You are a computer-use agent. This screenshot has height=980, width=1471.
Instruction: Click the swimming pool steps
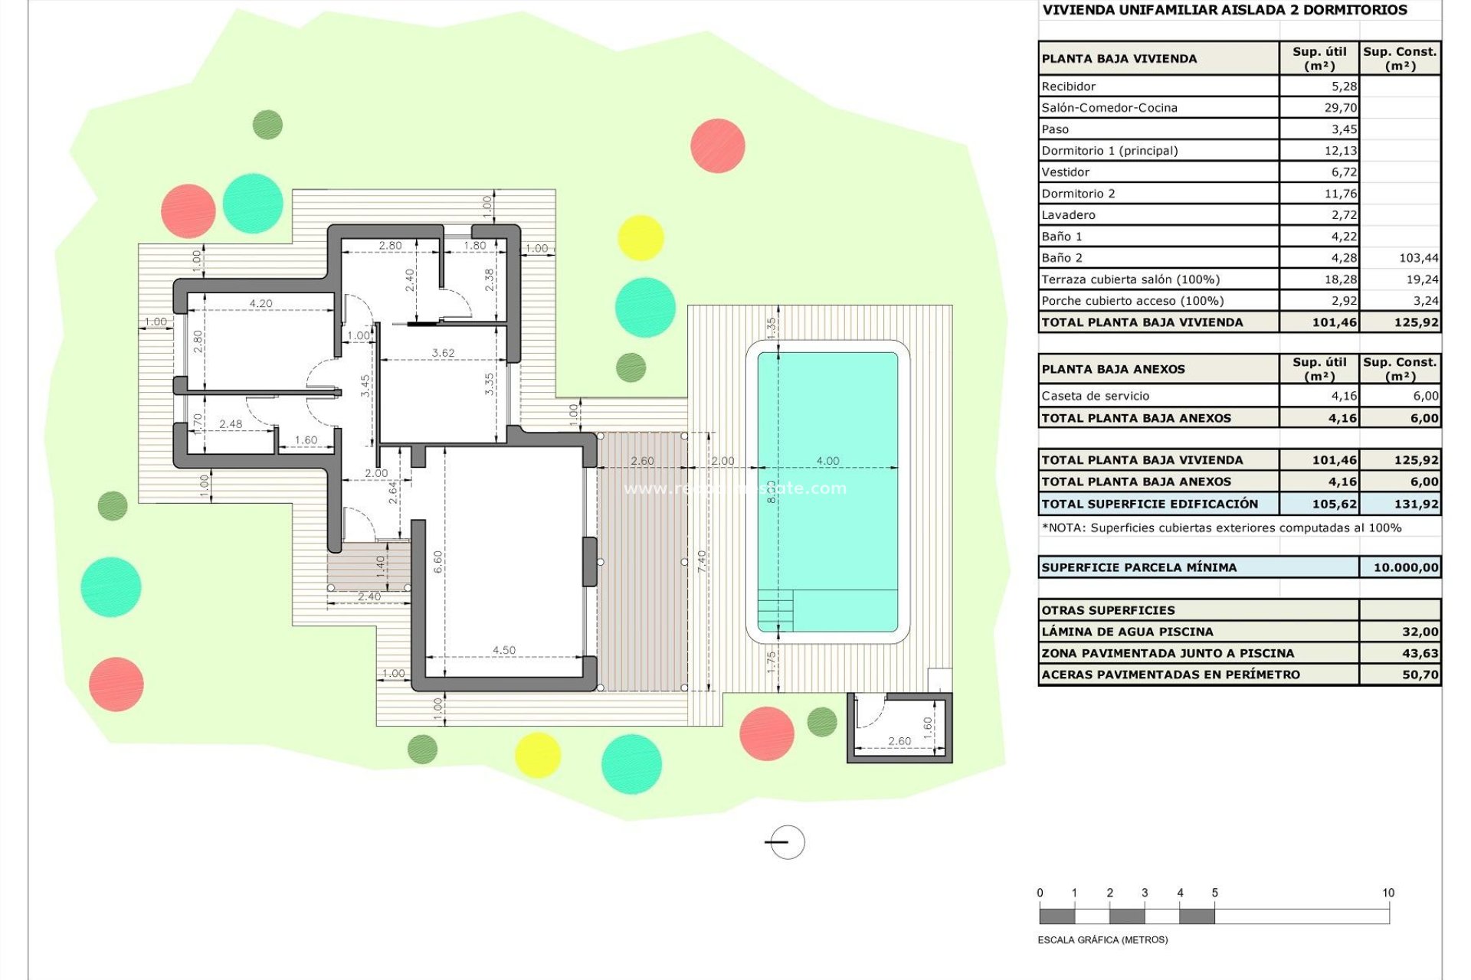tap(775, 611)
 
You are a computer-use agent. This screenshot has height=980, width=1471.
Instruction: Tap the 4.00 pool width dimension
tap(827, 461)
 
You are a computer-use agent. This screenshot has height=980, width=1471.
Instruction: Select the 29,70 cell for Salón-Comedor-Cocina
tap(1340, 108)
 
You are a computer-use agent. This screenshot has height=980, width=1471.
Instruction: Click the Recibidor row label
tap(1068, 87)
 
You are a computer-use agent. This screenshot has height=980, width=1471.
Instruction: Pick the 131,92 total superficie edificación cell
tap(1416, 504)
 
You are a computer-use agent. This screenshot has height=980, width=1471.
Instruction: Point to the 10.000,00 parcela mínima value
tap(1405, 567)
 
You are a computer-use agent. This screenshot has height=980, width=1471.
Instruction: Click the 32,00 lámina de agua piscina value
tap(1420, 632)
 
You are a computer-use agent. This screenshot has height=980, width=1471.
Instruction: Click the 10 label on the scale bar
tap(1387, 893)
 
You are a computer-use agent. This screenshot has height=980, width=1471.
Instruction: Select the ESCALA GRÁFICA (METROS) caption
tap(1102, 939)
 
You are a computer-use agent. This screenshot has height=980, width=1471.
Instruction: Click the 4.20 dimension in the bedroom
tap(260, 304)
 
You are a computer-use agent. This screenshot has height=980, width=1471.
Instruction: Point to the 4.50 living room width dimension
tap(504, 650)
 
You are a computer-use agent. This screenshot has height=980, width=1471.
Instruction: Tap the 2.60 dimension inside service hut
tap(899, 741)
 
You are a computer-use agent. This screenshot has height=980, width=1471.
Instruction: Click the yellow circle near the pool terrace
tap(640, 237)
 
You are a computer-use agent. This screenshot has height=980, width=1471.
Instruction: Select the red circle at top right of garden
tap(717, 145)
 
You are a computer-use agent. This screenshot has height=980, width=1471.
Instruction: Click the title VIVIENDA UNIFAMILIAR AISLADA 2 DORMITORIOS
tap(1224, 10)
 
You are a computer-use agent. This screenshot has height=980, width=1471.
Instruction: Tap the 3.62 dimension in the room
tap(443, 353)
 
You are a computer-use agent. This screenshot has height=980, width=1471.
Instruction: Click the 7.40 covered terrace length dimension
tap(702, 561)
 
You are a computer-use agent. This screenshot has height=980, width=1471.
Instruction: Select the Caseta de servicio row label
tap(1095, 396)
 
